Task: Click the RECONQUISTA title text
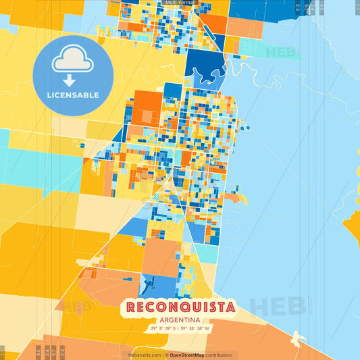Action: pos(180,307)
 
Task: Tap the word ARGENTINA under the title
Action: pos(180,320)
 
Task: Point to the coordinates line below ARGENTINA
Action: pos(180,329)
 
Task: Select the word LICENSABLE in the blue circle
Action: pos(73,94)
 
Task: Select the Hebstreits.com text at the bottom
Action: pos(145,355)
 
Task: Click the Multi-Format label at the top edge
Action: pos(179,3)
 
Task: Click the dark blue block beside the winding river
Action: pos(206,64)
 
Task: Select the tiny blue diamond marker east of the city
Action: pos(247,128)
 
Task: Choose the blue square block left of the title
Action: pos(150,284)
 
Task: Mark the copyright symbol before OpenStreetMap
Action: pos(166,355)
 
